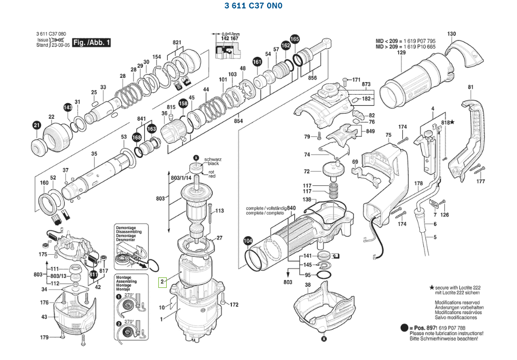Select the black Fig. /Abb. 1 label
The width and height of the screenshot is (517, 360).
click(x=92, y=42)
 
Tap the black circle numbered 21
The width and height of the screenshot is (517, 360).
click(x=36, y=125)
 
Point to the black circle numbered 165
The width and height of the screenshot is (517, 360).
click(x=295, y=39)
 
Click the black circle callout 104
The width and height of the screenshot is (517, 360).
click(x=248, y=241)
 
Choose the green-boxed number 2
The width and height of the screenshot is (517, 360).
click(x=163, y=282)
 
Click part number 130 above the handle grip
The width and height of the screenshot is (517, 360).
click(x=451, y=34)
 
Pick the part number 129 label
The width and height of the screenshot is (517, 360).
click(x=401, y=53)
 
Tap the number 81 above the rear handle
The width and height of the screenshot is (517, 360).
click(x=470, y=87)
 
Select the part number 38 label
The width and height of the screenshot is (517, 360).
click(x=308, y=285)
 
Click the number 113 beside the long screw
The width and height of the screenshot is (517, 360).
click(x=219, y=211)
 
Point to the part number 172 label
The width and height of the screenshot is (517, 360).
click(x=234, y=305)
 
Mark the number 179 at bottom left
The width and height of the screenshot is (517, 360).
click(x=45, y=337)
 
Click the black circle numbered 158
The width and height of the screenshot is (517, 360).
click(x=183, y=103)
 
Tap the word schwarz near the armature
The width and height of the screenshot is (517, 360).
click(x=212, y=158)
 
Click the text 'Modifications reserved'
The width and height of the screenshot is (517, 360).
click(x=457, y=303)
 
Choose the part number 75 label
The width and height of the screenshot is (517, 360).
click(x=388, y=135)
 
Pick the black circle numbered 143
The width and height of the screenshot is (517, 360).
click(x=67, y=107)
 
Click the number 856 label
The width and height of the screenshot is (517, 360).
click(x=312, y=78)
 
